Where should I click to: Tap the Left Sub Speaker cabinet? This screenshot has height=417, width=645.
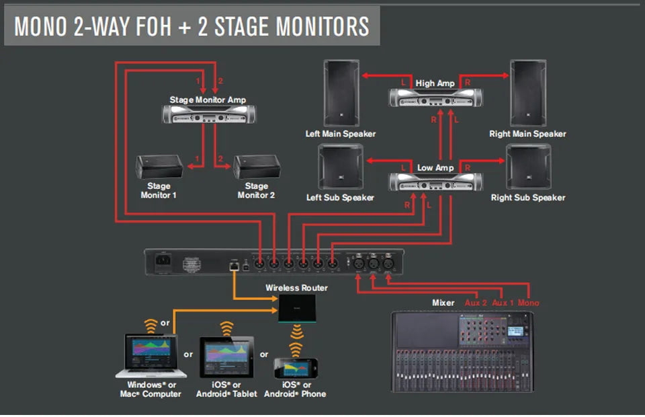pos(340,167)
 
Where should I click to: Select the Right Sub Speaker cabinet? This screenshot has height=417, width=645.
pos(527,167)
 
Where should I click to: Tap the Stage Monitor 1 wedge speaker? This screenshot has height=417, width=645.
pos(159,166)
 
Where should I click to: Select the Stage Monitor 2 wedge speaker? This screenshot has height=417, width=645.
pos(256,166)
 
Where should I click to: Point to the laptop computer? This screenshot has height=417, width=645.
pos(151,357)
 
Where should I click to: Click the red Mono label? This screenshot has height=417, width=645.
pos(528,303)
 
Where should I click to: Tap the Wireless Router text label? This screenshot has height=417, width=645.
pos(296,288)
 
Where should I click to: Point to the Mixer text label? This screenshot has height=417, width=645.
pos(443,303)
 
